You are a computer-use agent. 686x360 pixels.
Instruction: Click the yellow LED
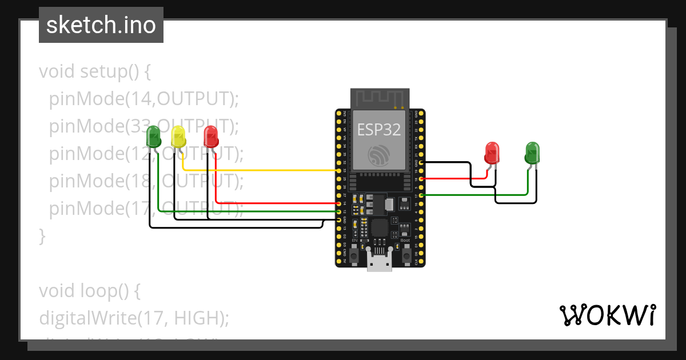[178, 137]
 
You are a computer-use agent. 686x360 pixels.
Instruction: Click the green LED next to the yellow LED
[154, 137]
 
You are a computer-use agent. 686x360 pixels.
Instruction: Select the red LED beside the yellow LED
[212, 137]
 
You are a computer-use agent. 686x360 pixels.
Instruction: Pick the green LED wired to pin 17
[532, 153]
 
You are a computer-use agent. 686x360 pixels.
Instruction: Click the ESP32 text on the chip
[379, 130]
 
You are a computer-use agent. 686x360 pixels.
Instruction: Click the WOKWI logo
[607, 315]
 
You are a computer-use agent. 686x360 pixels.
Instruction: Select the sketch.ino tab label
[101, 25]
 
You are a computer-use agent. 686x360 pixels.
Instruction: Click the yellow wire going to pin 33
[257, 170]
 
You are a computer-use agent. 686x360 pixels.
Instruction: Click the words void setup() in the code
[95, 72]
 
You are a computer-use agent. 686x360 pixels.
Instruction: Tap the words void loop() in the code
[90, 291]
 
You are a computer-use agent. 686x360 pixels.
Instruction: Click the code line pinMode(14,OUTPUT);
[143, 99]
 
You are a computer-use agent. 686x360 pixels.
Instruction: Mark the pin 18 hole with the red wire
[421, 179]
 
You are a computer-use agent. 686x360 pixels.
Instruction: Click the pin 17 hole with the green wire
[421, 195]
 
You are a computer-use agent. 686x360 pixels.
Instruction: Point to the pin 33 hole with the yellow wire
[339, 170]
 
